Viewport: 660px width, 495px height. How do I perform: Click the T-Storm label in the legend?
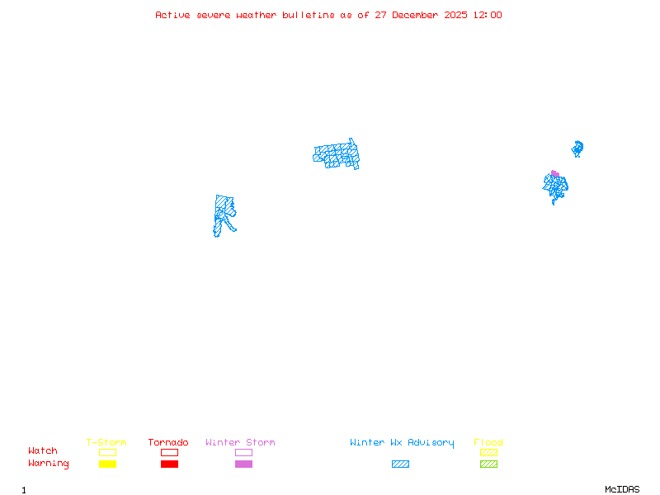point(106,443)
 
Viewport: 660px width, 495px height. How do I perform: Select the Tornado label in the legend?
point(168,443)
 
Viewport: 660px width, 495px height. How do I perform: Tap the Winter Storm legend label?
point(240,443)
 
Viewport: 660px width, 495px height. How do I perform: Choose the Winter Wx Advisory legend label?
point(402,443)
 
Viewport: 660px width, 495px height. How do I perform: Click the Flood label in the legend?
point(488,443)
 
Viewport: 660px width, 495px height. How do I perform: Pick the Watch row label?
point(43,451)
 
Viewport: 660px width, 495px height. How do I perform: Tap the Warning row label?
point(49,464)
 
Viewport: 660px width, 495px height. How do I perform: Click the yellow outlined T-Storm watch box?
point(107,452)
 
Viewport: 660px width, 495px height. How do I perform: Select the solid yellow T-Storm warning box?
point(107,464)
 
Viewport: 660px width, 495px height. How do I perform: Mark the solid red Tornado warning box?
point(169,464)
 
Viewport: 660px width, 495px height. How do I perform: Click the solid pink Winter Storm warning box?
point(243,464)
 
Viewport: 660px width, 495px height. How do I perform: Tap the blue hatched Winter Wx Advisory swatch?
point(400,464)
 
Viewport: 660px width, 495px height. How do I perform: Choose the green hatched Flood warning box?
point(488,464)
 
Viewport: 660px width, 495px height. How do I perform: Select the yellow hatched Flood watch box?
point(488,452)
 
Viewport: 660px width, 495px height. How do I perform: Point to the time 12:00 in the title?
point(487,15)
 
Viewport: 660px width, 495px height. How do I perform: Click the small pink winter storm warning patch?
point(554,173)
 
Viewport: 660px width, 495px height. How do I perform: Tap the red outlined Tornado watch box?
point(169,452)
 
